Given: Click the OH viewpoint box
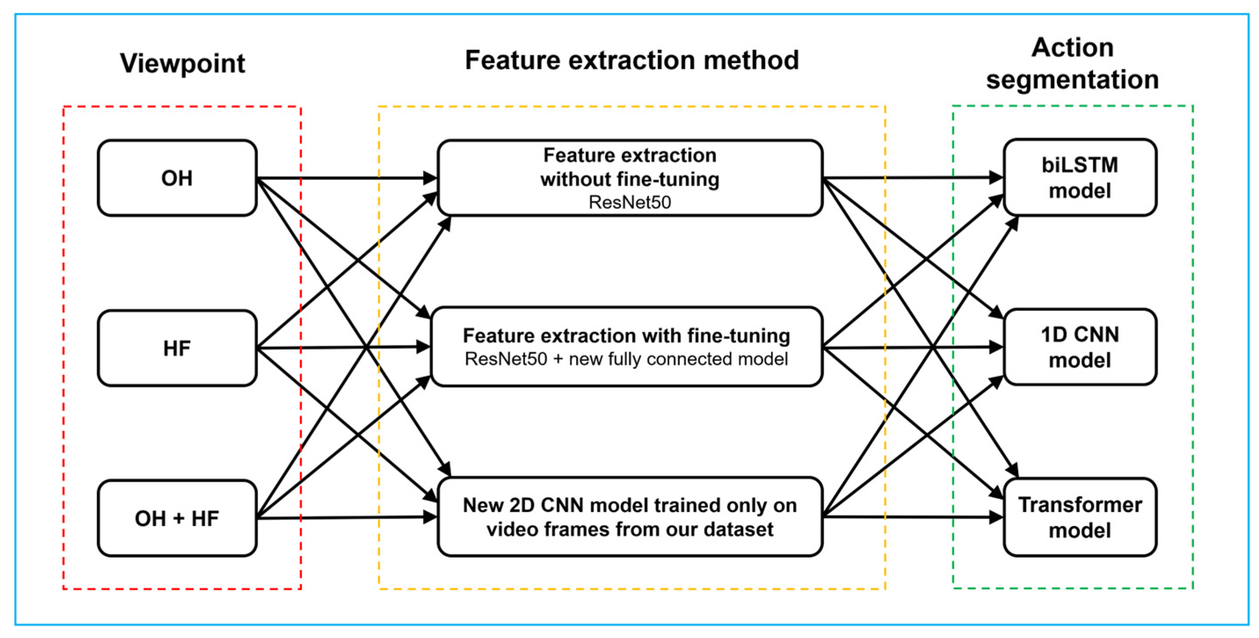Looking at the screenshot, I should (x=177, y=178).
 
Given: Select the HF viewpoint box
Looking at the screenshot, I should (x=177, y=348).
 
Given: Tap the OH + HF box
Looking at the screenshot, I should (x=177, y=518).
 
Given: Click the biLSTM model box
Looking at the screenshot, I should (x=1080, y=177).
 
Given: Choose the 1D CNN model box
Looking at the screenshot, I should (x=1080, y=347).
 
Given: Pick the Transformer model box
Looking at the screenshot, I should (x=1080, y=517).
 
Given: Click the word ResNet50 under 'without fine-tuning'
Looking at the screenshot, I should (x=629, y=202).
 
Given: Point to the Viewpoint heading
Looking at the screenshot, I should (x=182, y=63).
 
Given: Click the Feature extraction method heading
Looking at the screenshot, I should (x=631, y=60).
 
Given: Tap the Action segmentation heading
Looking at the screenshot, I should (x=1072, y=64).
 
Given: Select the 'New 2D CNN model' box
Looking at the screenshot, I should (x=629, y=517).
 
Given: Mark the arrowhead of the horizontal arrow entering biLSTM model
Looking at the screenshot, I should (x=996, y=177).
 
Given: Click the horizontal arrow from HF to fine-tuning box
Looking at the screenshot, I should (x=342, y=347).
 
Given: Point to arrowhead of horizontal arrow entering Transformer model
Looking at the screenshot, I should (x=996, y=517).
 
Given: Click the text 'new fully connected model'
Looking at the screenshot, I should (x=678, y=359).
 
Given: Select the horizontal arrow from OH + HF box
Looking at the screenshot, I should (x=342, y=517).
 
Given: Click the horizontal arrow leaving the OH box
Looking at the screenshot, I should (x=342, y=178).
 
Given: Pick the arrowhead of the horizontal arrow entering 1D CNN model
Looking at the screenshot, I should (x=996, y=347).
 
